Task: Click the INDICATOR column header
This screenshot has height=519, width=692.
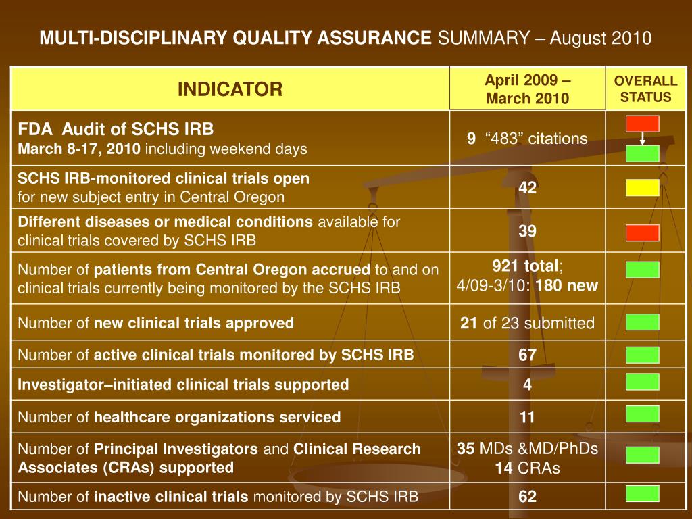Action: tap(230, 89)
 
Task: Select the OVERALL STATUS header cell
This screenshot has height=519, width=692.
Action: tap(645, 89)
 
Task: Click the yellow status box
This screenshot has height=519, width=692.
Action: tap(642, 187)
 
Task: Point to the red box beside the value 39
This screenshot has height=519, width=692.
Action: tap(642, 232)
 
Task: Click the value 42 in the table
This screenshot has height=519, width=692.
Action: tap(528, 188)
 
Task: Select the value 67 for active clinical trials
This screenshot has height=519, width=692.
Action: tap(528, 355)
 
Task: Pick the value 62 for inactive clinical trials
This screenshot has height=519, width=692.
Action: tap(528, 497)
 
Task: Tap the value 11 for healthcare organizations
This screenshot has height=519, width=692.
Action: tap(528, 417)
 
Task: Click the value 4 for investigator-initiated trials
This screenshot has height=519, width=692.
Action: tap(528, 385)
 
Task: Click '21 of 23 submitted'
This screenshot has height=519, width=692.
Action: tap(528, 323)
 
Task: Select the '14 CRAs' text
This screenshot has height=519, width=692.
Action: tap(528, 468)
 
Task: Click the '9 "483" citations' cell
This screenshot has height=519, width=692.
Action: tap(528, 139)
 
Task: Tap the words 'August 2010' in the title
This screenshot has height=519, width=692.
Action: tap(601, 38)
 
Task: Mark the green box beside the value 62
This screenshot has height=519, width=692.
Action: tap(642, 493)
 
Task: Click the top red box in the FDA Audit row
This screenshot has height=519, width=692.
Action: tap(642, 123)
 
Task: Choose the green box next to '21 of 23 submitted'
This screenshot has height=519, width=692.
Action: tap(642, 322)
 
